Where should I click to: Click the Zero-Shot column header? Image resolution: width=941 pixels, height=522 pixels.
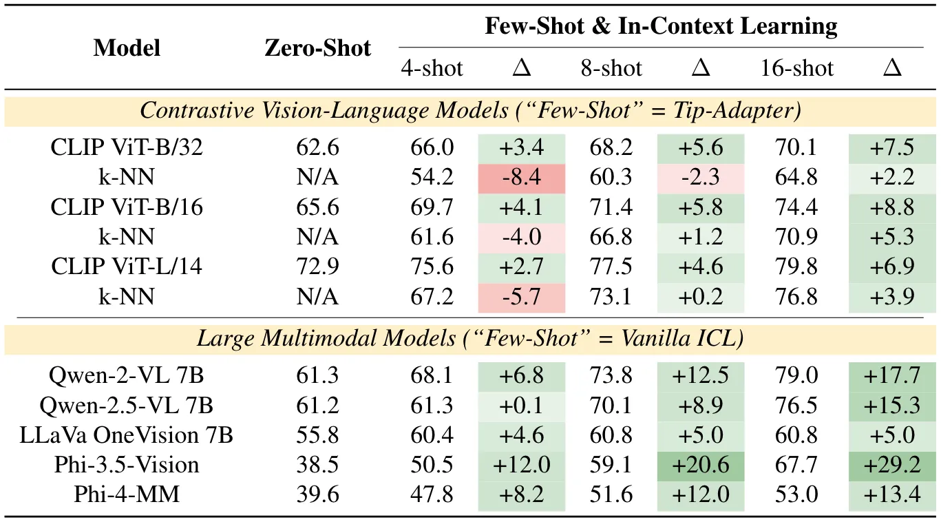click(x=317, y=48)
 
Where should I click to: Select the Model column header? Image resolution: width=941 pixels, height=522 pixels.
click(x=127, y=48)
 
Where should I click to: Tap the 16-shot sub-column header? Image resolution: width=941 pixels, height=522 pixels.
click(x=796, y=68)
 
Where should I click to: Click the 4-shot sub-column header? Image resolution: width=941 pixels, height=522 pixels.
click(x=432, y=68)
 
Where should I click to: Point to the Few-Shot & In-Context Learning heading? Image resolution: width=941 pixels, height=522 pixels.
click(x=661, y=26)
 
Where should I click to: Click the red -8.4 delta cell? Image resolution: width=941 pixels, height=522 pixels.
click(x=522, y=177)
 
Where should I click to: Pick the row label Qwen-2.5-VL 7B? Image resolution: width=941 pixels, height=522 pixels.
click(x=127, y=406)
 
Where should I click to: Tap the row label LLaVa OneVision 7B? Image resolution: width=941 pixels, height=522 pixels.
click(x=127, y=435)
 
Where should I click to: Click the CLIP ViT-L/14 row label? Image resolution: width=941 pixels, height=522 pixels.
click(x=127, y=266)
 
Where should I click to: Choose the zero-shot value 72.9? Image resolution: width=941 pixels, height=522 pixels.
click(x=317, y=266)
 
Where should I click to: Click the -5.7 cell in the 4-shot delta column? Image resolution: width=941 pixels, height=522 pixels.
click(x=522, y=296)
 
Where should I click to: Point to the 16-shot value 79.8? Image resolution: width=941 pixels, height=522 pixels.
click(x=796, y=266)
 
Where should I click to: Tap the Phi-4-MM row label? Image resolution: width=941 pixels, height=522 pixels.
click(x=127, y=494)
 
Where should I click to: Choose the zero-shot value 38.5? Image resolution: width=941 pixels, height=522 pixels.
click(x=317, y=464)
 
